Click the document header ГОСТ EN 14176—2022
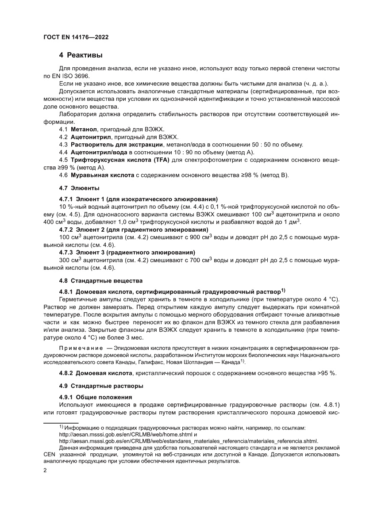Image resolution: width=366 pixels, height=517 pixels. coord(76,38)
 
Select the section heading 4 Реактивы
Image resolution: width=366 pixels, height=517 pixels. coord(81,55)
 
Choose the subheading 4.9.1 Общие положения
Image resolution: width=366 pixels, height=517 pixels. coord(95,397)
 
